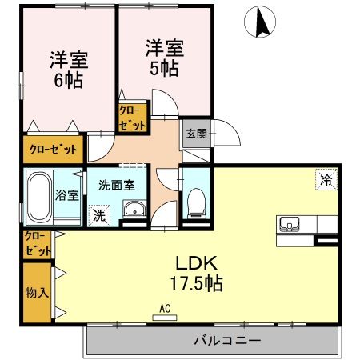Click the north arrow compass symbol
click(261, 22)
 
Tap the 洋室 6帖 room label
click(69, 70)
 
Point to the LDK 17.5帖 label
click(194, 273)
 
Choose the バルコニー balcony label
click(226, 341)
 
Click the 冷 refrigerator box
click(326, 181)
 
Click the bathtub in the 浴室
click(38, 197)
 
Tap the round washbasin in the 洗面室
click(133, 211)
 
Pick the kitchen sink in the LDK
click(289, 222)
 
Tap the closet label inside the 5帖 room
click(132, 118)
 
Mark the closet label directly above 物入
click(36, 242)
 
